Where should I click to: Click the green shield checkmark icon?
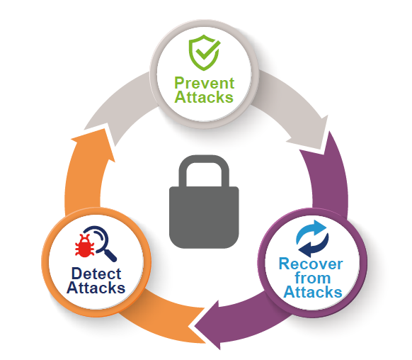(x=205, y=52)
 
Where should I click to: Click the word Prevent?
(x=204, y=84)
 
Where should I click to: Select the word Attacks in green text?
(x=204, y=97)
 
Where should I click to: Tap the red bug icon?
(x=85, y=246)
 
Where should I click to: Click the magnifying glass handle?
(x=110, y=255)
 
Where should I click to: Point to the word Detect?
(x=96, y=274)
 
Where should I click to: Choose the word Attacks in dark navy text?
(x=96, y=288)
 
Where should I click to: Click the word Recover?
(x=311, y=264)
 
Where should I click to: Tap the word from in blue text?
(x=313, y=278)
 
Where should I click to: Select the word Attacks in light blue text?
(x=313, y=292)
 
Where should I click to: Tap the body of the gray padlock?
(x=204, y=218)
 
